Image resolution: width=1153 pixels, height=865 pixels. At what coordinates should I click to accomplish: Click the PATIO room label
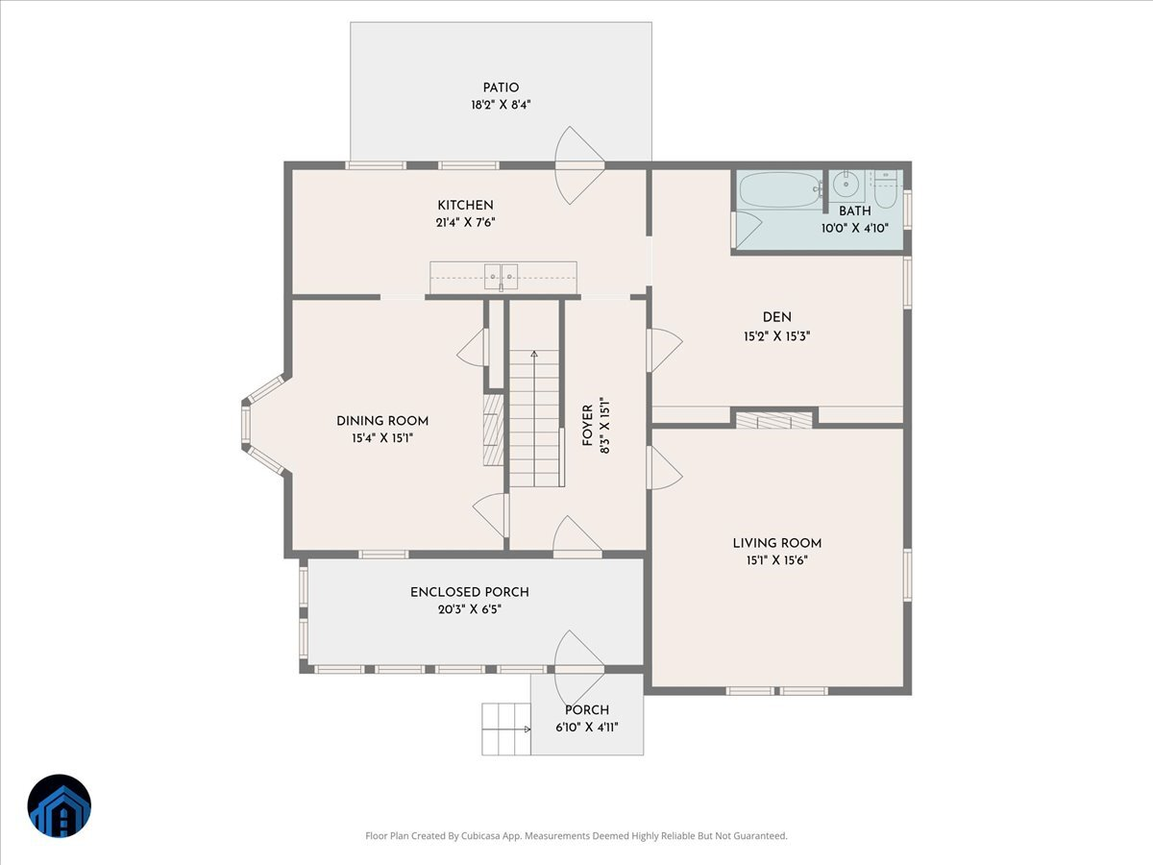[501, 87]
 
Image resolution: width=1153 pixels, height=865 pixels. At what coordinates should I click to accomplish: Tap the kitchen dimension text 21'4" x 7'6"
[465, 222]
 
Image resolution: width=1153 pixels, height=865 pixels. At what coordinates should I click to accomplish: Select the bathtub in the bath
[779, 189]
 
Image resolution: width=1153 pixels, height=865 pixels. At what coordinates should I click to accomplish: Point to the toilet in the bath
[886, 190]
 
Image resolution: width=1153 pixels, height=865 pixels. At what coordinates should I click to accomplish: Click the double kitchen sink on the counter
[501, 276]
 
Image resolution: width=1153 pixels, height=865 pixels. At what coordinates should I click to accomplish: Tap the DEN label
[777, 317]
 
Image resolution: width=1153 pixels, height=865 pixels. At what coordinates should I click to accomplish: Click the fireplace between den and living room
[773, 420]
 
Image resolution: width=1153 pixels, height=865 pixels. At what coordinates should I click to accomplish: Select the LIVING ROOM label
[777, 543]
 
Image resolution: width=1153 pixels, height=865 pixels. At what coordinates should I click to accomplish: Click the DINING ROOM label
[382, 421]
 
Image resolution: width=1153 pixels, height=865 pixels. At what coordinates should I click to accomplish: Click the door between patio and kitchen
[579, 165]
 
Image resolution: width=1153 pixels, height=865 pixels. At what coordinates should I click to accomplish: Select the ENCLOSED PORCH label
[470, 592]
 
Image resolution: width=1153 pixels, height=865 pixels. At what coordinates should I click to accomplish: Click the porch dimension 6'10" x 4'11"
[586, 727]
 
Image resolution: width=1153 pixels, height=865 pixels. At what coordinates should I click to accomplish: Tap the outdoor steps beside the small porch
[505, 729]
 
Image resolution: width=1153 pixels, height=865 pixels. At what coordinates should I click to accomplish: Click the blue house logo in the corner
[59, 805]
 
